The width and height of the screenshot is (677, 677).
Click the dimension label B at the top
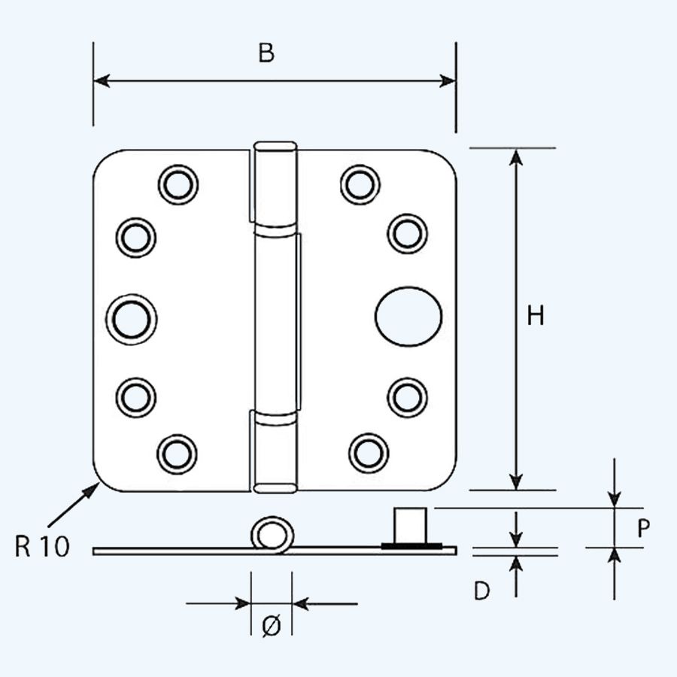(x=266, y=53)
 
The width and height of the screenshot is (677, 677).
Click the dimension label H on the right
(x=535, y=317)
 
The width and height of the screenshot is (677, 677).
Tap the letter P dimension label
(x=642, y=530)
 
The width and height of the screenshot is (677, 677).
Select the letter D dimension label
(x=482, y=592)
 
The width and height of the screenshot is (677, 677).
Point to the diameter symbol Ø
(x=272, y=626)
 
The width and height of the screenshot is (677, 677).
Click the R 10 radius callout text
(x=42, y=547)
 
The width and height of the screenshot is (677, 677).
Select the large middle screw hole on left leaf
(x=136, y=317)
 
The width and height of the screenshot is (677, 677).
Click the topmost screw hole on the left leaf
(x=179, y=184)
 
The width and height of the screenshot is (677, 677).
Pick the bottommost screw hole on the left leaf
(x=177, y=453)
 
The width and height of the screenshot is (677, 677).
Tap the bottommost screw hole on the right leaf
(x=369, y=453)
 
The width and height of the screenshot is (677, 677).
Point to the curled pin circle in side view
(x=271, y=536)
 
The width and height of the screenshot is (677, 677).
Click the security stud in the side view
(x=412, y=524)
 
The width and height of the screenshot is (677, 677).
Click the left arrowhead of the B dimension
(x=102, y=80)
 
